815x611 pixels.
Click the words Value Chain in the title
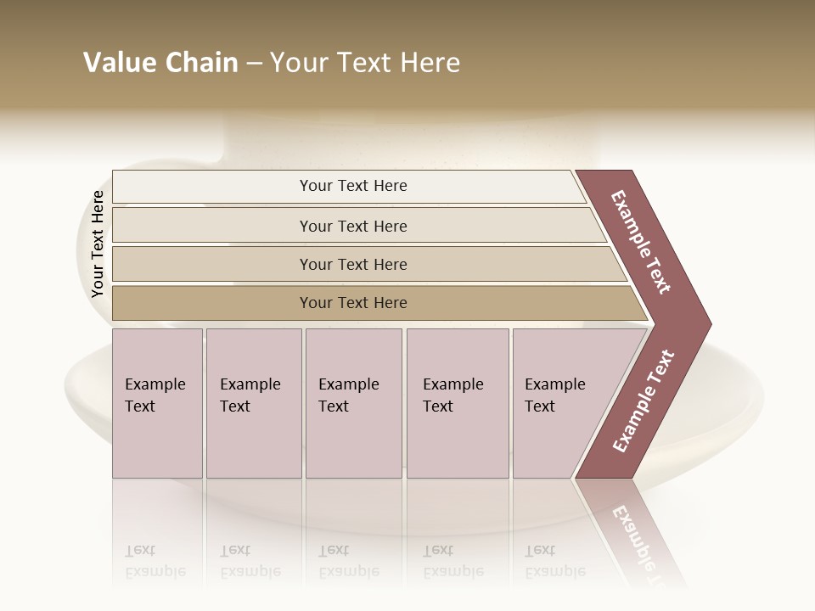click(160, 63)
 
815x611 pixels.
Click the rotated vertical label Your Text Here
click(98, 244)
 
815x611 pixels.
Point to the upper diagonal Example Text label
click(641, 242)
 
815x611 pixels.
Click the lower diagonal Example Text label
click(643, 401)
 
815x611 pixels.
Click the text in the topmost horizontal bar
click(353, 186)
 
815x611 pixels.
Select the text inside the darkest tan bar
click(353, 303)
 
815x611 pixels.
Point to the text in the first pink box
click(155, 395)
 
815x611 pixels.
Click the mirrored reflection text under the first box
click(155, 562)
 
